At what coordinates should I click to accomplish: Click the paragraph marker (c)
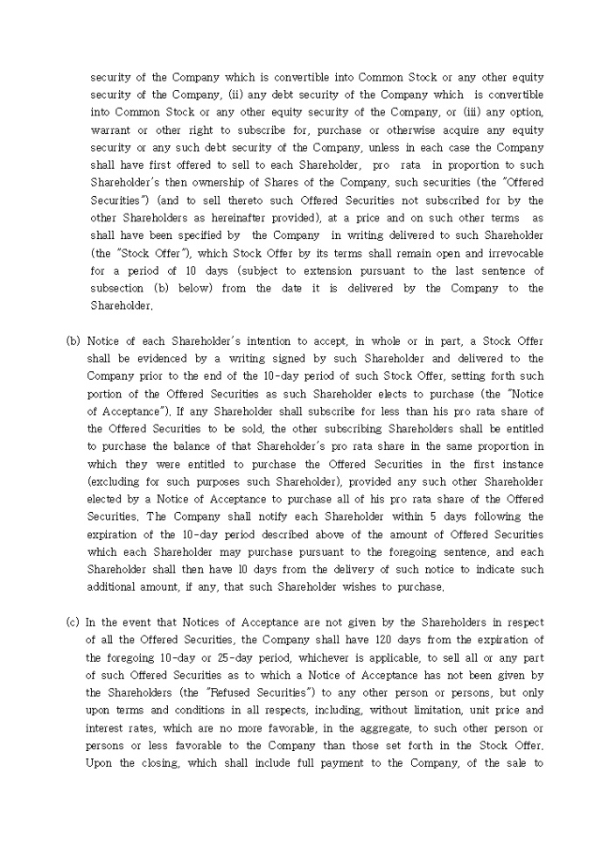point(73,622)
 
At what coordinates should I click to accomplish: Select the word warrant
point(109,130)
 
